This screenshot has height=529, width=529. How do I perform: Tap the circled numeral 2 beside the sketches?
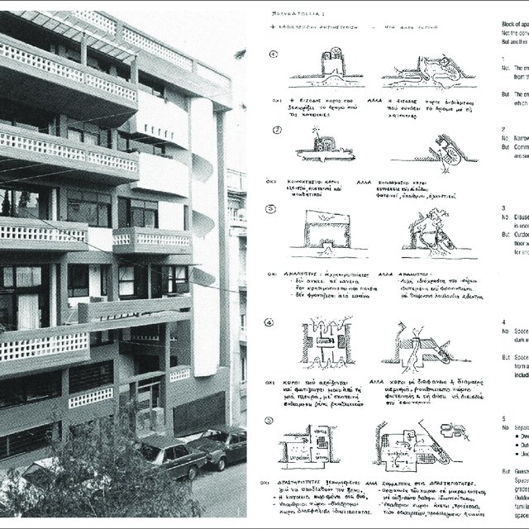click(x=277, y=131)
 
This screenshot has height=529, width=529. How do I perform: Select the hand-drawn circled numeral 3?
click(x=276, y=211)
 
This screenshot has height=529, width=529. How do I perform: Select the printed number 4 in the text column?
click(x=503, y=321)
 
